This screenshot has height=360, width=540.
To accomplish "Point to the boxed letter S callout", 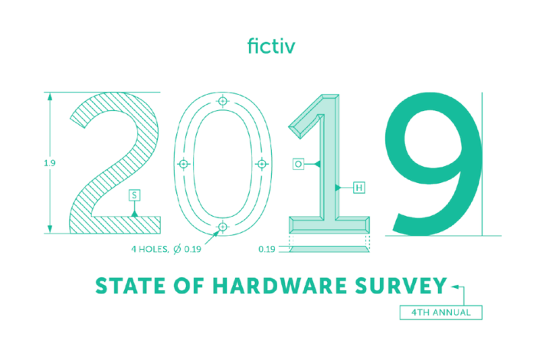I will (x=134, y=196).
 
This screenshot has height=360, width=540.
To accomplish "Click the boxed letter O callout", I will (x=297, y=164).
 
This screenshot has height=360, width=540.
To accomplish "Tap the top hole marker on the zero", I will (x=222, y=101).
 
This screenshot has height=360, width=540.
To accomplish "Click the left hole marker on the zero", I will (x=183, y=164).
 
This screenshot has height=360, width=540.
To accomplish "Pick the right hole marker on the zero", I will (x=261, y=164).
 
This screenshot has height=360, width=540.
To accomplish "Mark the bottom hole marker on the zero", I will (x=222, y=227).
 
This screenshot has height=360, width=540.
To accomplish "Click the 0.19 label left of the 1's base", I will (x=267, y=249).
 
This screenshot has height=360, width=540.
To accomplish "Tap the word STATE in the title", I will (x=127, y=286).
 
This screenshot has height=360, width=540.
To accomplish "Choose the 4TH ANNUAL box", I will (x=440, y=313).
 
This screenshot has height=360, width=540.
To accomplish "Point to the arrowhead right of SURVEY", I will (x=454, y=286).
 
